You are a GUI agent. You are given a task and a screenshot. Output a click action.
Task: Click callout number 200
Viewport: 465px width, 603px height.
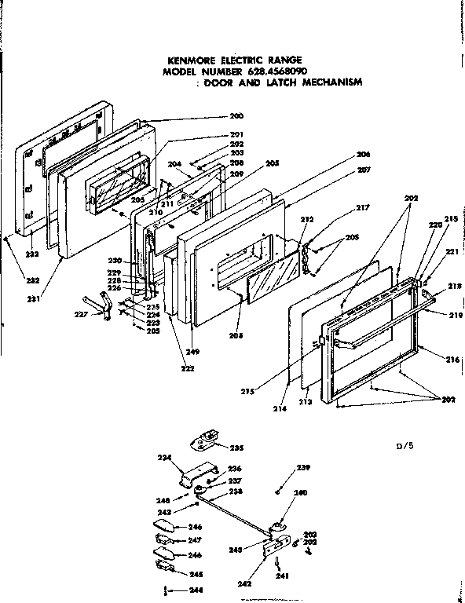(236, 115)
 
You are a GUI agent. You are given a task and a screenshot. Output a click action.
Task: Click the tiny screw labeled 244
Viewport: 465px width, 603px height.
(165, 590)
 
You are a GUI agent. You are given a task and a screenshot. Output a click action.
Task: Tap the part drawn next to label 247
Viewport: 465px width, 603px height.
(166, 539)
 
